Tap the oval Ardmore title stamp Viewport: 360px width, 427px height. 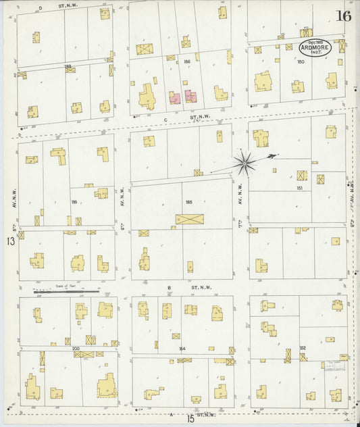coord(311,48)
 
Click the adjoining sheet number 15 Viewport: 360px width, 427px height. coord(191,419)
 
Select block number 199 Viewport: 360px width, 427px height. coord(74,201)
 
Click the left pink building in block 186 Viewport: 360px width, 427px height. coord(175,98)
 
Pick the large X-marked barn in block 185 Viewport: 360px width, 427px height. coord(188,220)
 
